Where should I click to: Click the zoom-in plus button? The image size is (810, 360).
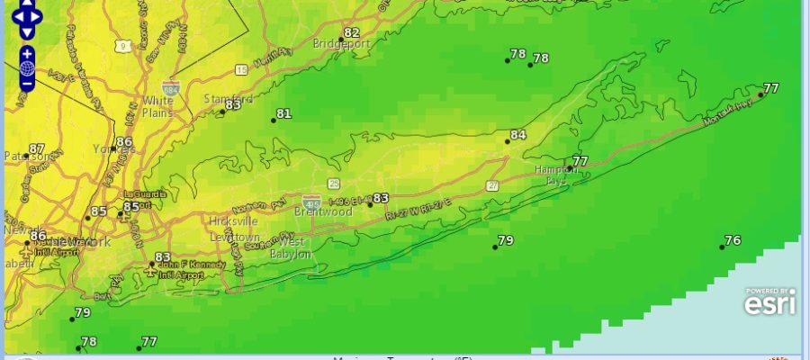27,52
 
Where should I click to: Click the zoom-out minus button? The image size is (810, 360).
27,84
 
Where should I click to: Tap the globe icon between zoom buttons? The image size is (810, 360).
27,67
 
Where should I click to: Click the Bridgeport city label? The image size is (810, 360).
341,43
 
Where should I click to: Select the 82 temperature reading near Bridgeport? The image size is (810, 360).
351,33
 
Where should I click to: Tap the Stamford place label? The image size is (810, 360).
229,98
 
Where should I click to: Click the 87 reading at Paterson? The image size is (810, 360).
37,149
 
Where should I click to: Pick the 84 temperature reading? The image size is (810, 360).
517,136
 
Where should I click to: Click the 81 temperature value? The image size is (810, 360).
284,114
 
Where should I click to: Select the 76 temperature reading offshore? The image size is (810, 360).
733,240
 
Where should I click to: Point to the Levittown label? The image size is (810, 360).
234,237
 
